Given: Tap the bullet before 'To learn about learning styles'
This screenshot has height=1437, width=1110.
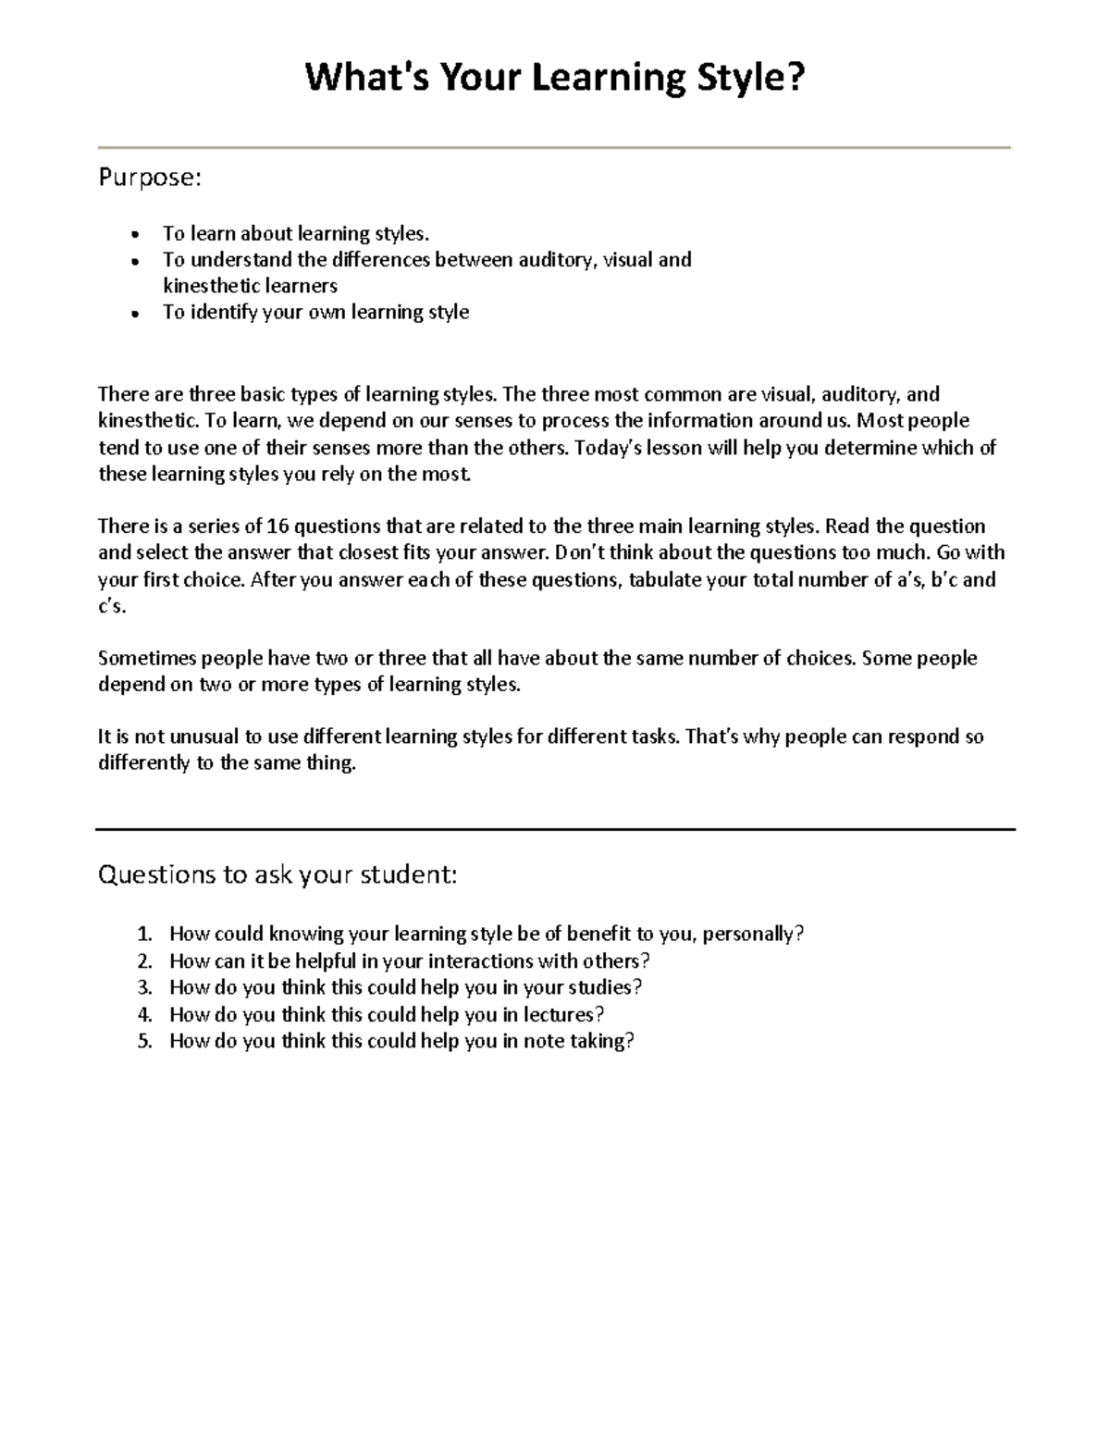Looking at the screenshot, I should click(135, 235).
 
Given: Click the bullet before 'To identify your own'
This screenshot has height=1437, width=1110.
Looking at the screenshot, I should click(135, 314).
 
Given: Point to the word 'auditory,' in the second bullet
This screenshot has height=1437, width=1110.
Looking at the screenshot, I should click(558, 259).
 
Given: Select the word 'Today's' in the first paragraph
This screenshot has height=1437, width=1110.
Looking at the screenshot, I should click(610, 448).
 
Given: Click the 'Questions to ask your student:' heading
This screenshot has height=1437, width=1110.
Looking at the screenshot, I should click(277, 874).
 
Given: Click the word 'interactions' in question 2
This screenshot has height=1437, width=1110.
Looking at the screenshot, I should click(480, 960).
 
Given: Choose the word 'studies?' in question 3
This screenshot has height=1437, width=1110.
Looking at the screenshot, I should click(605, 987).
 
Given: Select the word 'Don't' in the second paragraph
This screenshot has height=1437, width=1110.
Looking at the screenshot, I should click(580, 553).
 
